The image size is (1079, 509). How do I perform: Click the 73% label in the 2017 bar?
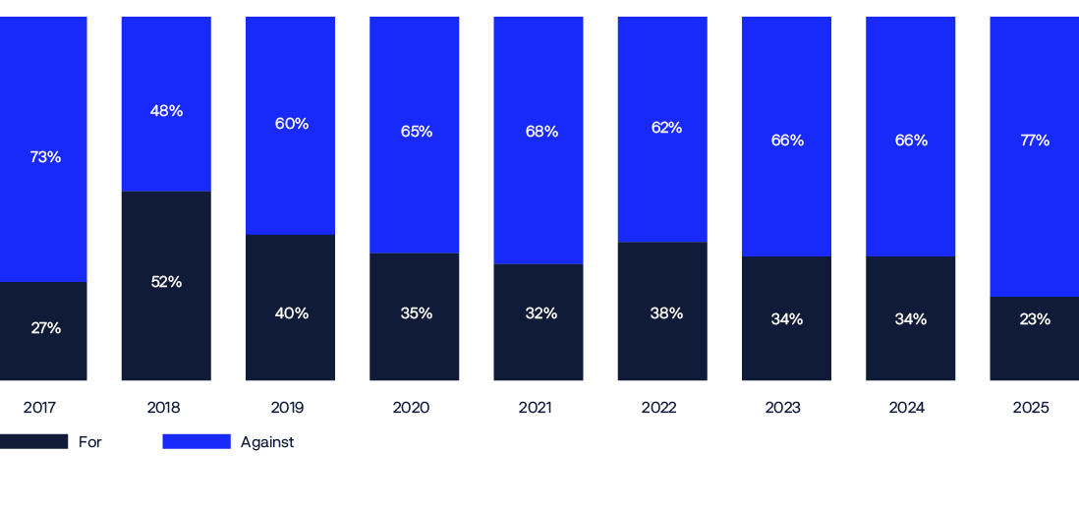pos(45,157)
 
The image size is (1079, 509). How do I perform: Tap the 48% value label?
pos(166,111)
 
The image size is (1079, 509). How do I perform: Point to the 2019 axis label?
pos(287,408)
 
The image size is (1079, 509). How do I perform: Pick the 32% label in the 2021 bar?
pos(539,313)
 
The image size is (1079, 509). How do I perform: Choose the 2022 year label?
pos(658,408)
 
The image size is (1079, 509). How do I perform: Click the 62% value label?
pos(666,128)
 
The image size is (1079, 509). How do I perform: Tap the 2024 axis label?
pos(906,408)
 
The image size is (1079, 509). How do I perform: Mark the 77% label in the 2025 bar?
pos(1034,141)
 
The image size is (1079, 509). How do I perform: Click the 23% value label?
pos(1034,319)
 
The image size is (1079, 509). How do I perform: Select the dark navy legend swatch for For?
pos(34,441)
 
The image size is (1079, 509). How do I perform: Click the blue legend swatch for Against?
pos(197,441)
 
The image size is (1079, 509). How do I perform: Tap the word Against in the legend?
pos(267,442)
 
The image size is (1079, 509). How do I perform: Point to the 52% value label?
pos(166,282)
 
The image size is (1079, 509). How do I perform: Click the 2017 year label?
pos(39,408)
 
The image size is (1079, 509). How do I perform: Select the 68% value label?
pos(541,132)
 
